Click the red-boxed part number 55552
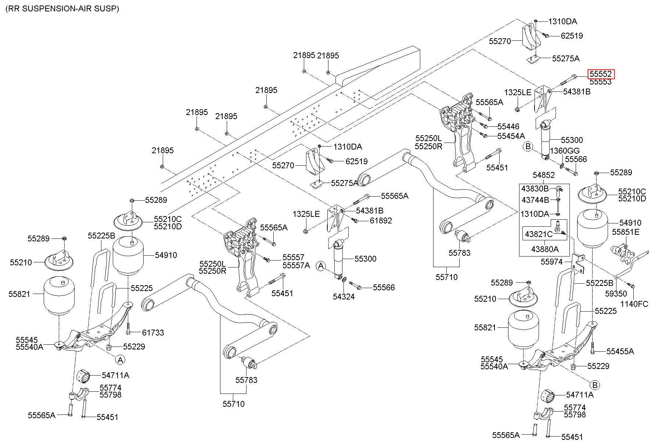point(601,74)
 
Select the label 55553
point(601,82)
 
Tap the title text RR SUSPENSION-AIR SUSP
point(62,9)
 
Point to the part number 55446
point(508,126)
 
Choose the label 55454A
point(511,136)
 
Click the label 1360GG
point(565,151)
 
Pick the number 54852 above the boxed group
point(544,176)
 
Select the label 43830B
point(535,189)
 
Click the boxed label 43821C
point(539,234)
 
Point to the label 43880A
point(545,249)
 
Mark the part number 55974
point(552,262)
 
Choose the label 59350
point(616,294)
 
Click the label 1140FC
point(634,304)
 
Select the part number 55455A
point(620,351)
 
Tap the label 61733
point(153,333)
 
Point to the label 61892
point(381,220)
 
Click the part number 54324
point(344,296)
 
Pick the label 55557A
point(296,265)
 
